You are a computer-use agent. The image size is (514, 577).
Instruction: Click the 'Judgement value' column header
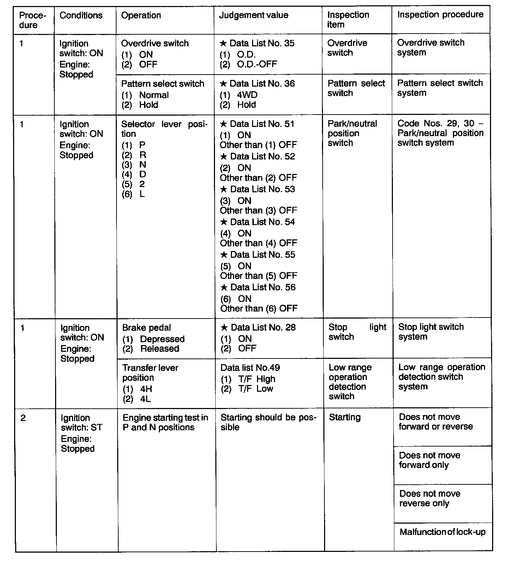click(253, 15)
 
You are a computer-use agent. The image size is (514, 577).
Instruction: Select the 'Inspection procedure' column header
click(440, 14)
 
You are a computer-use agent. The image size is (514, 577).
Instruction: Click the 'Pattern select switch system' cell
click(440, 88)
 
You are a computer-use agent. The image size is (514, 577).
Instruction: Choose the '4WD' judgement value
click(247, 95)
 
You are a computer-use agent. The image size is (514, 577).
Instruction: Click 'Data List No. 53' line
click(262, 189)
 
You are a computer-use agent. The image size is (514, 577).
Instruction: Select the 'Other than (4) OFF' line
click(258, 243)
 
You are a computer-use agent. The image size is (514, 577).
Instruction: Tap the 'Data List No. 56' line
click(263, 287)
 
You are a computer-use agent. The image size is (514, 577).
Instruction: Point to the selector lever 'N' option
click(143, 165)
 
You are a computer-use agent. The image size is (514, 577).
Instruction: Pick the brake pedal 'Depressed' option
click(162, 339)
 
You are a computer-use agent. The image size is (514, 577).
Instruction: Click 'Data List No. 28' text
click(263, 327)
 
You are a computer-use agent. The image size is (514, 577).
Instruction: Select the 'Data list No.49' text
click(250, 368)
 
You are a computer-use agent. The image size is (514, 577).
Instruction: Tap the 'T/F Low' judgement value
click(256, 389)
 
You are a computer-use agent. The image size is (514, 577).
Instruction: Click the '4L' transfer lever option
click(145, 399)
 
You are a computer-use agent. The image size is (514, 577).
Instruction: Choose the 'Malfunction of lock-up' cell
click(442, 532)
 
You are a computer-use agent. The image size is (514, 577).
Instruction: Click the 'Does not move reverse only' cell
click(430, 499)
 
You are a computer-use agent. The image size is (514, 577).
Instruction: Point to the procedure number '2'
click(23, 418)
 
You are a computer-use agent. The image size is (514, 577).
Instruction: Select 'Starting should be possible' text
click(268, 422)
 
